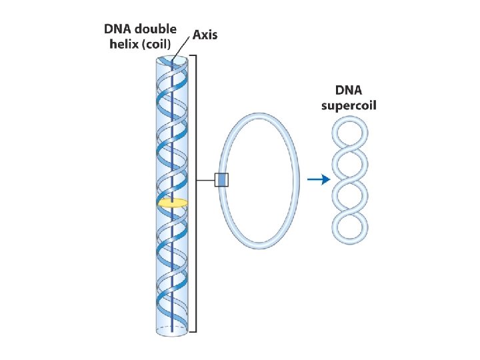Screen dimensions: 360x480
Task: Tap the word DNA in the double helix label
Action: pos(119,29)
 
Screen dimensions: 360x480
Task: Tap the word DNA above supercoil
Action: pos(351,91)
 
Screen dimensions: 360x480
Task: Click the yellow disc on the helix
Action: pos(172,202)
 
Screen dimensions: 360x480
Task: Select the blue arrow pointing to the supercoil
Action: pos(318,179)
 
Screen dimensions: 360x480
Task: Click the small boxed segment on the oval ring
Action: pos(221,179)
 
